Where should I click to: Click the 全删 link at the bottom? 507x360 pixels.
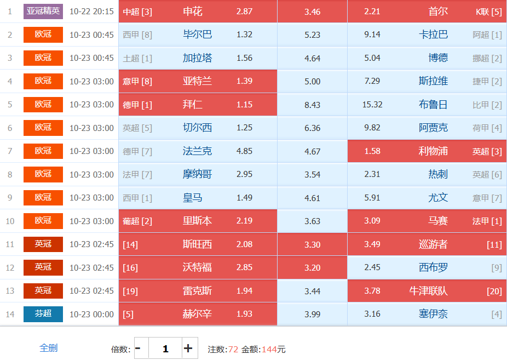[49, 348]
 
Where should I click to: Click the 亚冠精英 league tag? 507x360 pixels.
[43, 11]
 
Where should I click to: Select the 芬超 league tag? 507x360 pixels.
[43, 314]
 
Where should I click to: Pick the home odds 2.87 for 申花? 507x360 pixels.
[244, 12]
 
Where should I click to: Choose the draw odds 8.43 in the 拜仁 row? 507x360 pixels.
[312, 105]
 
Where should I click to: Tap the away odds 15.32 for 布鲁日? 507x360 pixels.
[372, 105]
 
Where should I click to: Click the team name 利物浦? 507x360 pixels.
[433, 151]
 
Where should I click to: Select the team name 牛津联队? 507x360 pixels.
[429, 291]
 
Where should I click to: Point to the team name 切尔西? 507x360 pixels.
[197, 128]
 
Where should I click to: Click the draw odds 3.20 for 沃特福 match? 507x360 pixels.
[312, 268]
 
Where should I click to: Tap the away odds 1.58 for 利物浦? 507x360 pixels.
[372, 151]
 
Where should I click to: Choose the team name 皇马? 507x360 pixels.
[197, 198]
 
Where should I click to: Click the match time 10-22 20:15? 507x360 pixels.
[91, 12]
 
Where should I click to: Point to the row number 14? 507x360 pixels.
[10, 314]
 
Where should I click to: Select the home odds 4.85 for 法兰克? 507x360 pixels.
[244, 151]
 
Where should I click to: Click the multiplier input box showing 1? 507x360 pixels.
[165, 348]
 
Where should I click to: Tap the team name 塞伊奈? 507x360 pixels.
[433, 314]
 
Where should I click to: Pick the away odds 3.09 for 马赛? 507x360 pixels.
[372, 221]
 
